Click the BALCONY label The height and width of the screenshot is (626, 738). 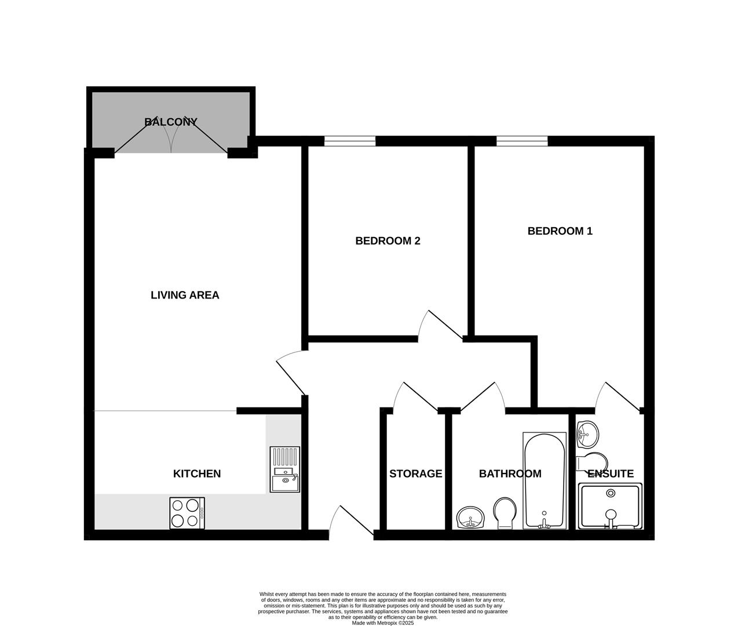pyautogui.click(x=171, y=122)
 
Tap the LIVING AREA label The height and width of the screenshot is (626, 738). pyautogui.click(x=185, y=295)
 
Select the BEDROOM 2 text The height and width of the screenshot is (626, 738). pyautogui.click(x=388, y=241)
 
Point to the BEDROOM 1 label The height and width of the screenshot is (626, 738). pyautogui.click(x=560, y=231)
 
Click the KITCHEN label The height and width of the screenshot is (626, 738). pyautogui.click(x=197, y=474)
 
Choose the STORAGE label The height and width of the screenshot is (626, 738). pyautogui.click(x=415, y=474)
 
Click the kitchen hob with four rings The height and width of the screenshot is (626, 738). pyautogui.click(x=187, y=513)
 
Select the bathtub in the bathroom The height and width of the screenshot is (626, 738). pyautogui.click(x=544, y=480)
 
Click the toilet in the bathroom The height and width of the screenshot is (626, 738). pyautogui.click(x=505, y=512)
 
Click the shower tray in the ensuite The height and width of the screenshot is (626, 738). pyautogui.click(x=611, y=507)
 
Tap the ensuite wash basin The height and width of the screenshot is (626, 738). pyautogui.click(x=587, y=434)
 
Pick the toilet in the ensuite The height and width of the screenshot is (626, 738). pyautogui.click(x=591, y=462)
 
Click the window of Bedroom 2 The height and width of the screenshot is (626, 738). pyautogui.click(x=349, y=140)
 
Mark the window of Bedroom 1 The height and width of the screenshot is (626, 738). pyautogui.click(x=522, y=140)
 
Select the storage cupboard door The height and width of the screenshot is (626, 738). pyautogui.click(x=415, y=398)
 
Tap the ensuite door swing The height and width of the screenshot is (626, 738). pyautogui.click(x=618, y=396)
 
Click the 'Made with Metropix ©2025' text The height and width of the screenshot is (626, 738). pyautogui.click(x=382, y=623)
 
